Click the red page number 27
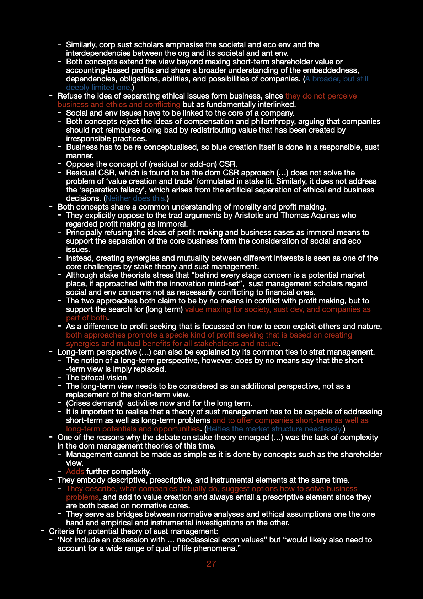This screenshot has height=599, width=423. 211,564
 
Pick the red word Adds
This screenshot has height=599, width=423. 75,472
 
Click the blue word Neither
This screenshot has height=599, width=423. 118,198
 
